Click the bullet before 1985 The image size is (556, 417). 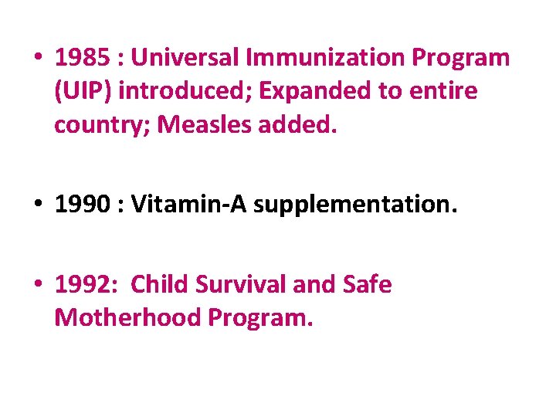[38, 59]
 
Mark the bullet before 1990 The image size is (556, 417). [38, 205]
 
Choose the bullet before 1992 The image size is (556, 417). [38, 286]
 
